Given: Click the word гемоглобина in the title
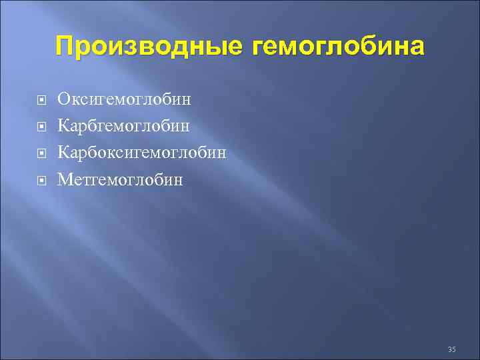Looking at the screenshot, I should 337,47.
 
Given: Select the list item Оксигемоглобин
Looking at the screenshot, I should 124,100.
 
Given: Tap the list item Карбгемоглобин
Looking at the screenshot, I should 124,126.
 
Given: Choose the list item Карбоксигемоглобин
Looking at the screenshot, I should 142,153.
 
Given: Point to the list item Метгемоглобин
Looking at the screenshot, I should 120,179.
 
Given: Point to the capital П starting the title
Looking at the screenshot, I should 66,47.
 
